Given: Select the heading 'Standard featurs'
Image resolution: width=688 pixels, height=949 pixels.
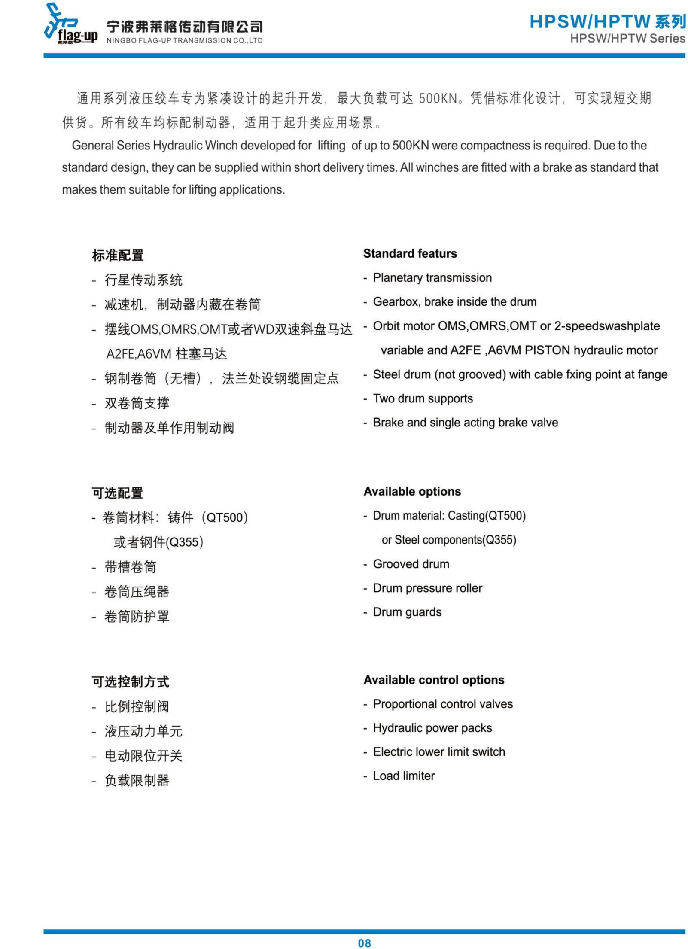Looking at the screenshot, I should click(x=410, y=254).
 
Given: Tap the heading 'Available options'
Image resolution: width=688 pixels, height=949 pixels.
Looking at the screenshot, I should click(x=412, y=491).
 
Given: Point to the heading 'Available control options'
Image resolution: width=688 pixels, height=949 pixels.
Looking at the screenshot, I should click(x=434, y=680).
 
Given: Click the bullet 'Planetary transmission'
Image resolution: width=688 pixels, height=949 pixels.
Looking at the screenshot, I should click(x=432, y=278).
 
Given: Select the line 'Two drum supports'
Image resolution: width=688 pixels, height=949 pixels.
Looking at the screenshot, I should click(x=423, y=398).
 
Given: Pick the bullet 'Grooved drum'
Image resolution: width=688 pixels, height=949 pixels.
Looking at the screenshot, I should click(x=411, y=564).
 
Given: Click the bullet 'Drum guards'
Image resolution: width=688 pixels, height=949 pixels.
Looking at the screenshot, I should click(x=407, y=612).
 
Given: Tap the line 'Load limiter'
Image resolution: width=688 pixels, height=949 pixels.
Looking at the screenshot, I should click(x=404, y=776).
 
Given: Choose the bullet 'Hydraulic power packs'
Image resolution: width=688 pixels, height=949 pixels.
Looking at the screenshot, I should click(x=432, y=728).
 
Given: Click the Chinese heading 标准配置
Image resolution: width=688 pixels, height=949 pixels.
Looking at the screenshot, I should click(x=118, y=255).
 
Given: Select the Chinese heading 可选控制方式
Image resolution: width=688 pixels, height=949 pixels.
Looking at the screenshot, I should click(x=130, y=682).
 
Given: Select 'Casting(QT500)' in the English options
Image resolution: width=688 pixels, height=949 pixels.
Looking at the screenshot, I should click(x=487, y=515).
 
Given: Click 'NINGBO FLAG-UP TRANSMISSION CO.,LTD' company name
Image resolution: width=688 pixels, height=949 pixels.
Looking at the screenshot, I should click(x=184, y=40).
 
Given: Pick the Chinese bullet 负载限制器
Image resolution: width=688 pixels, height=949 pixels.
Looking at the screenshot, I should click(x=137, y=780).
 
